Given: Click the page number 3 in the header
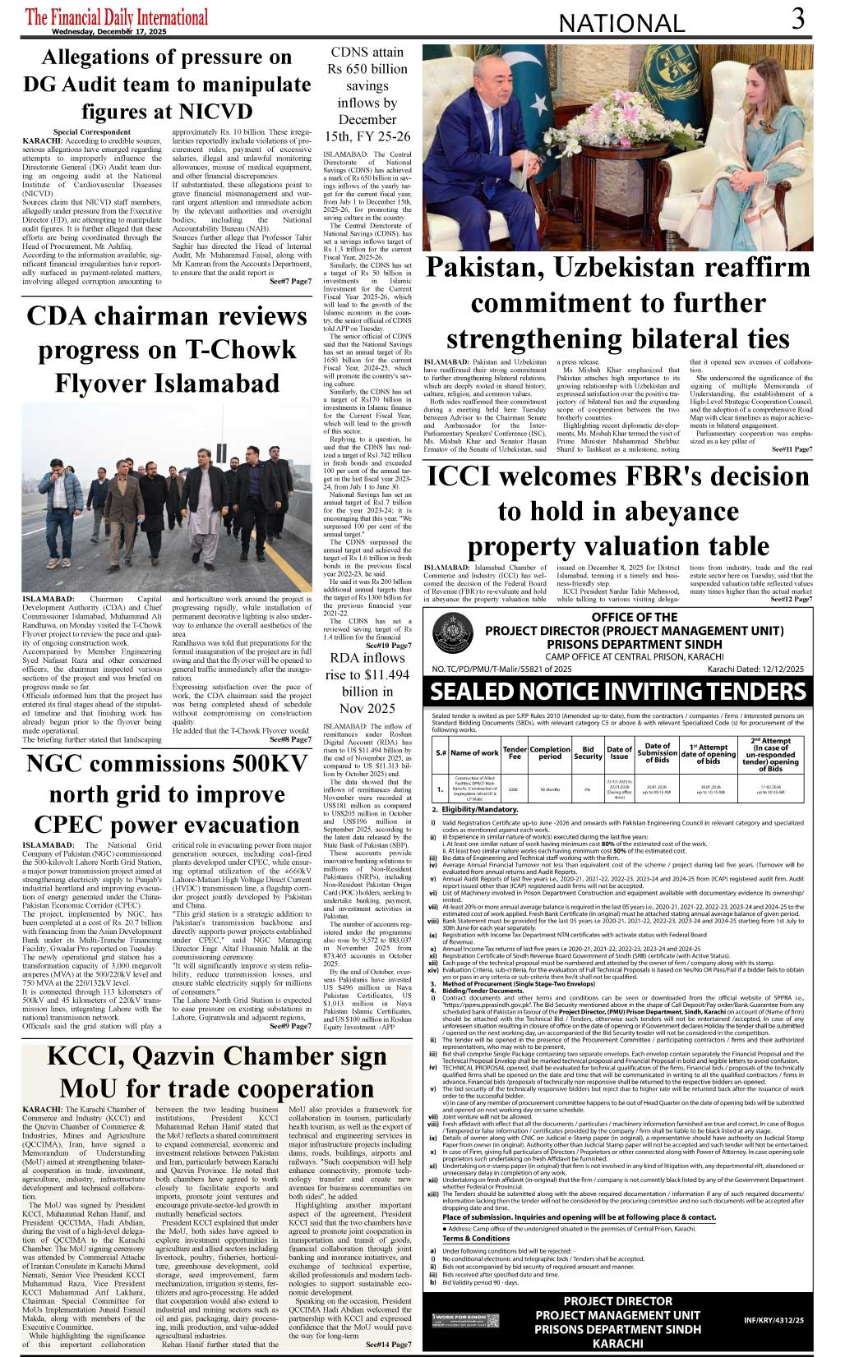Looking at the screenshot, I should pyautogui.click(x=797, y=19).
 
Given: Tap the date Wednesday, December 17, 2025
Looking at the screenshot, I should pyautogui.click(x=114, y=30).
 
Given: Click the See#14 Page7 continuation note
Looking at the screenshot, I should pyautogui.click(x=389, y=1344).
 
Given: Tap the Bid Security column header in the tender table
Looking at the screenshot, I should pyautogui.click(x=588, y=752).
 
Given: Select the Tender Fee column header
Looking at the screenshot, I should pyautogui.click(x=515, y=752).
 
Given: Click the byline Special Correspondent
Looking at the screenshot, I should pyautogui.click(x=91, y=131).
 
